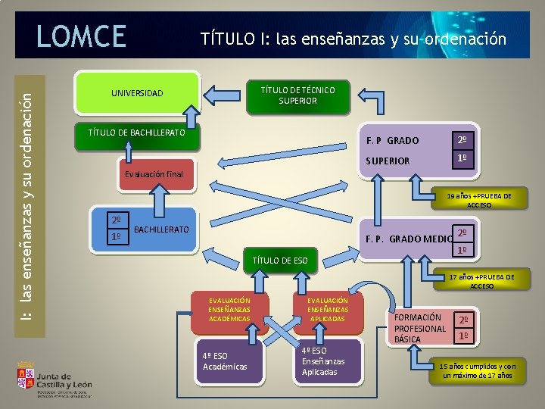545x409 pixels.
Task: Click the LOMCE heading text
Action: click(x=82, y=36)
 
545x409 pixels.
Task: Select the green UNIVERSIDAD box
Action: click(x=136, y=93)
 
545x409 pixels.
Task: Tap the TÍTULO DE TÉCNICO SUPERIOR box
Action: click(x=297, y=95)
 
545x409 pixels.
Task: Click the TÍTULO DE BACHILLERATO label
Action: click(x=136, y=133)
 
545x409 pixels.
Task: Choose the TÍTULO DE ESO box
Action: click(x=279, y=261)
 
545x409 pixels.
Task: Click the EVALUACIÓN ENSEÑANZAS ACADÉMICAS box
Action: click(x=229, y=310)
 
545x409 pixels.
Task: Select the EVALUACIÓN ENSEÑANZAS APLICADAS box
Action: click(x=328, y=310)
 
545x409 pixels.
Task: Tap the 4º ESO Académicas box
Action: click(x=225, y=361)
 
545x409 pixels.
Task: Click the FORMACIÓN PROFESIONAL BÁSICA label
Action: click(x=420, y=328)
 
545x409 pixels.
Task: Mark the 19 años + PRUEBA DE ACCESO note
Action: click(x=478, y=200)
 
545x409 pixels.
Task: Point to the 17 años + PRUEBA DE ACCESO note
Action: click(x=481, y=281)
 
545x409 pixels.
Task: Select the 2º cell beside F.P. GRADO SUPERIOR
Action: click(x=463, y=140)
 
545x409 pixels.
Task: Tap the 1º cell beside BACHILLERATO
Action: click(x=116, y=236)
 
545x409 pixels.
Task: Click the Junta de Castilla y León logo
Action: click(x=54, y=379)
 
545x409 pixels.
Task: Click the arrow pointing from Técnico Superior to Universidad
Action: click(x=223, y=94)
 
